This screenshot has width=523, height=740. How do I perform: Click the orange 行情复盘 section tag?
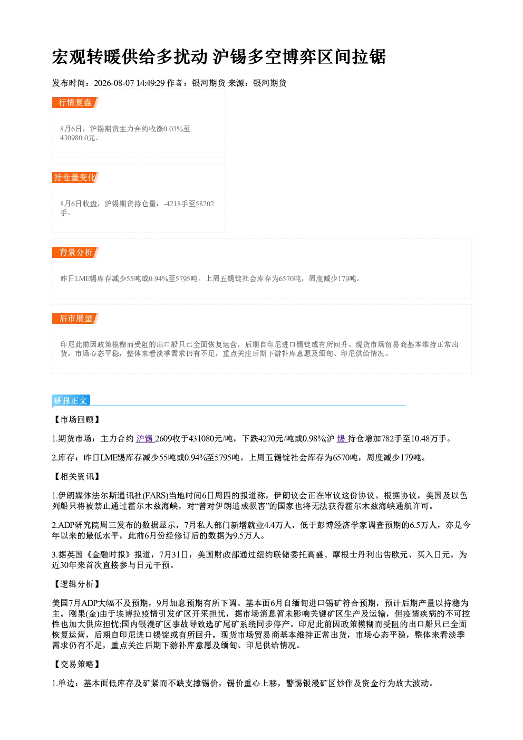coord(75,102)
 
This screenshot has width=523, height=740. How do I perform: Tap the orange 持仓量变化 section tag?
coord(75,177)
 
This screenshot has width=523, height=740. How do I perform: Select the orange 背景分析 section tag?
coord(75,253)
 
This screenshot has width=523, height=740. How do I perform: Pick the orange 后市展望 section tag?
coord(75,319)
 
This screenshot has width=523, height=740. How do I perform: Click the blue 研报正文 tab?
coord(71,401)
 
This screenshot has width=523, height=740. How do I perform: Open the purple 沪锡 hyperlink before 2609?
coord(145,439)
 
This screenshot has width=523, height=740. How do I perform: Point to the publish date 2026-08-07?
coord(114,83)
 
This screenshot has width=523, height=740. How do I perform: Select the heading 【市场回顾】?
coord(76,420)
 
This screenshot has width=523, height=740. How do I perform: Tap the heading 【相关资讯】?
coord(76,477)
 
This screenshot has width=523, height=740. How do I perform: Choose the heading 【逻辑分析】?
coord(76,584)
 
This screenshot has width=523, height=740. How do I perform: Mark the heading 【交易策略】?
coord(76,665)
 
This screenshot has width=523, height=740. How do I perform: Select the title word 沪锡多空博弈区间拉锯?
coord(299,57)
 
